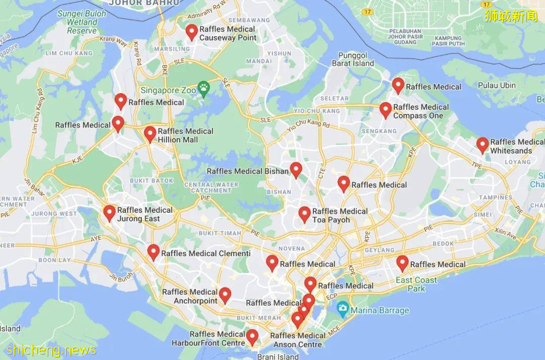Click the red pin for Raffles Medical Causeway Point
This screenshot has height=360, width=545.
click(x=191, y=32)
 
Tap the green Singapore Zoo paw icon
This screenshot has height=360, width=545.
click(x=203, y=90)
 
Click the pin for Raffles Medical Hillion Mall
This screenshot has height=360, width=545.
click(x=150, y=134)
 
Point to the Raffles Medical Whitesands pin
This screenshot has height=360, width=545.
click(x=482, y=145)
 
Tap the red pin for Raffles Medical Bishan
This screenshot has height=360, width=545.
click(x=296, y=170)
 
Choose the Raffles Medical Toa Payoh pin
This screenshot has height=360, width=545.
click(x=304, y=214)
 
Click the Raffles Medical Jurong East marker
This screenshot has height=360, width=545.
click(x=110, y=213)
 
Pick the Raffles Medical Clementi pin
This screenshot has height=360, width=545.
click(x=153, y=252)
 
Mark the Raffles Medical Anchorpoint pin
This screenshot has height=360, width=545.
click(x=225, y=295)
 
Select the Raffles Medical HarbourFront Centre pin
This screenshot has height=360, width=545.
click(x=252, y=337)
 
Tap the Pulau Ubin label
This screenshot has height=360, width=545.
click(x=497, y=85)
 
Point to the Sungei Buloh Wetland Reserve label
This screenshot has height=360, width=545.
click(x=82, y=22)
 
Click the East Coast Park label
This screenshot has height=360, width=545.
click(x=416, y=284)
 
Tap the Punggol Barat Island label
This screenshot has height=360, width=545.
click(x=353, y=59)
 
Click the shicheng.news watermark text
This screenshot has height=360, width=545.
click(x=51, y=349)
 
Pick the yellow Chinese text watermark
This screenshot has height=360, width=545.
click(x=511, y=16)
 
